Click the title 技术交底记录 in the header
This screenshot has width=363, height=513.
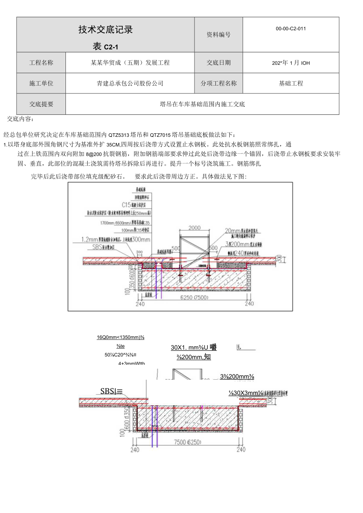click(105, 30)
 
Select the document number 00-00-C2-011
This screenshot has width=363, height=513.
click(291, 28)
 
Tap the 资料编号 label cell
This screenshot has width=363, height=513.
click(219, 35)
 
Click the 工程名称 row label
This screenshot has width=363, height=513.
click(41, 63)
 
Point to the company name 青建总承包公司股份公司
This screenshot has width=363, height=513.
click(130, 83)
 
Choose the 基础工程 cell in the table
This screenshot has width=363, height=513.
click(291, 83)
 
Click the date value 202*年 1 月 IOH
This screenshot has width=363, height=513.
click(291, 63)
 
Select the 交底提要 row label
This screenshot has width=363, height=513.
click(41, 104)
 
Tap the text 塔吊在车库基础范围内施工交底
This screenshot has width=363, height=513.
click(202, 104)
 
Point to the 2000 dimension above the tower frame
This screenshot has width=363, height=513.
click(194, 228)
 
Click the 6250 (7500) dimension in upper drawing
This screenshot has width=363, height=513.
click(194, 298)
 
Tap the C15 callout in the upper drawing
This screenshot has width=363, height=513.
click(126, 205)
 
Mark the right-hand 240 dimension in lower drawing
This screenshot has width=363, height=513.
click(241, 449)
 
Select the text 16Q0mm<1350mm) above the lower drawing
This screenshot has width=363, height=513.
click(120, 337)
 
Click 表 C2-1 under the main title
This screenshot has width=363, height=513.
click(105, 47)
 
